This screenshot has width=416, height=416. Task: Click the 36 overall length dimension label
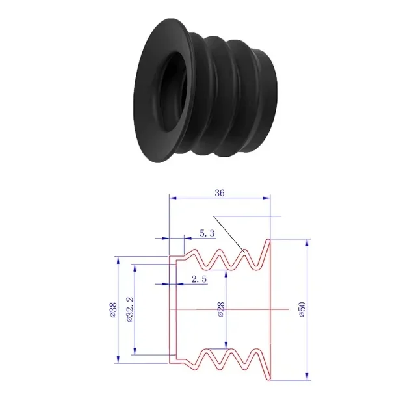pyautogui.click(x=220, y=192)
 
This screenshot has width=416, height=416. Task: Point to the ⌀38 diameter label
pyautogui.click(x=112, y=311)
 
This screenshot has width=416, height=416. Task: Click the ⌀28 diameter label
pyautogui.click(x=221, y=311)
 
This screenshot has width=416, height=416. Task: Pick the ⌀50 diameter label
pyautogui.click(x=302, y=311)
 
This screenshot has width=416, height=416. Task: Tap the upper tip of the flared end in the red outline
pyautogui.click(x=268, y=240)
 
